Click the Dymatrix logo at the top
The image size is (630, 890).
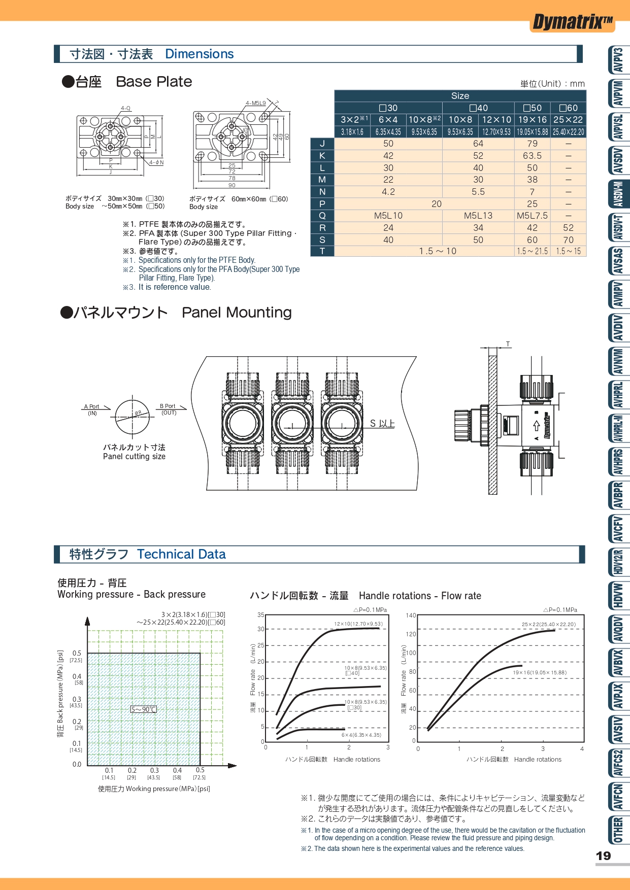point(572,22)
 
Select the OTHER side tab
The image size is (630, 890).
point(618,829)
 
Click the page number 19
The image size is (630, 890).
point(603,856)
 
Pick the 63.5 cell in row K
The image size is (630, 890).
point(532,156)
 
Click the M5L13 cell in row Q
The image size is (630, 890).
point(478,216)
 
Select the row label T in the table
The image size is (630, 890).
point(322,251)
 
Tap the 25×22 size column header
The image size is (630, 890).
point(568,120)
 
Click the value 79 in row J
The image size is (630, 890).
point(532,144)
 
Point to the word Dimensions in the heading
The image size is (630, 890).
point(200,54)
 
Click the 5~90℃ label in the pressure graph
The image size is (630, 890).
point(144,709)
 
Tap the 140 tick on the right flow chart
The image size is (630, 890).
point(411,615)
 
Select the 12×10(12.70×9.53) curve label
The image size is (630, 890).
point(358,624)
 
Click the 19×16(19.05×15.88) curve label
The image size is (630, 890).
point(540,673)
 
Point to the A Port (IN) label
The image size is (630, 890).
point(92,410)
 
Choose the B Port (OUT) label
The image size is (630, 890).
point(168,409)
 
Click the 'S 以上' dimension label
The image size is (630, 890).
point(382,424)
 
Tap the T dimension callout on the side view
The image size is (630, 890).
point(508,344)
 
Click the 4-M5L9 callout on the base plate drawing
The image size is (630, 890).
point(256,103)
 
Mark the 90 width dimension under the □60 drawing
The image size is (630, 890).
point(231,185)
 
